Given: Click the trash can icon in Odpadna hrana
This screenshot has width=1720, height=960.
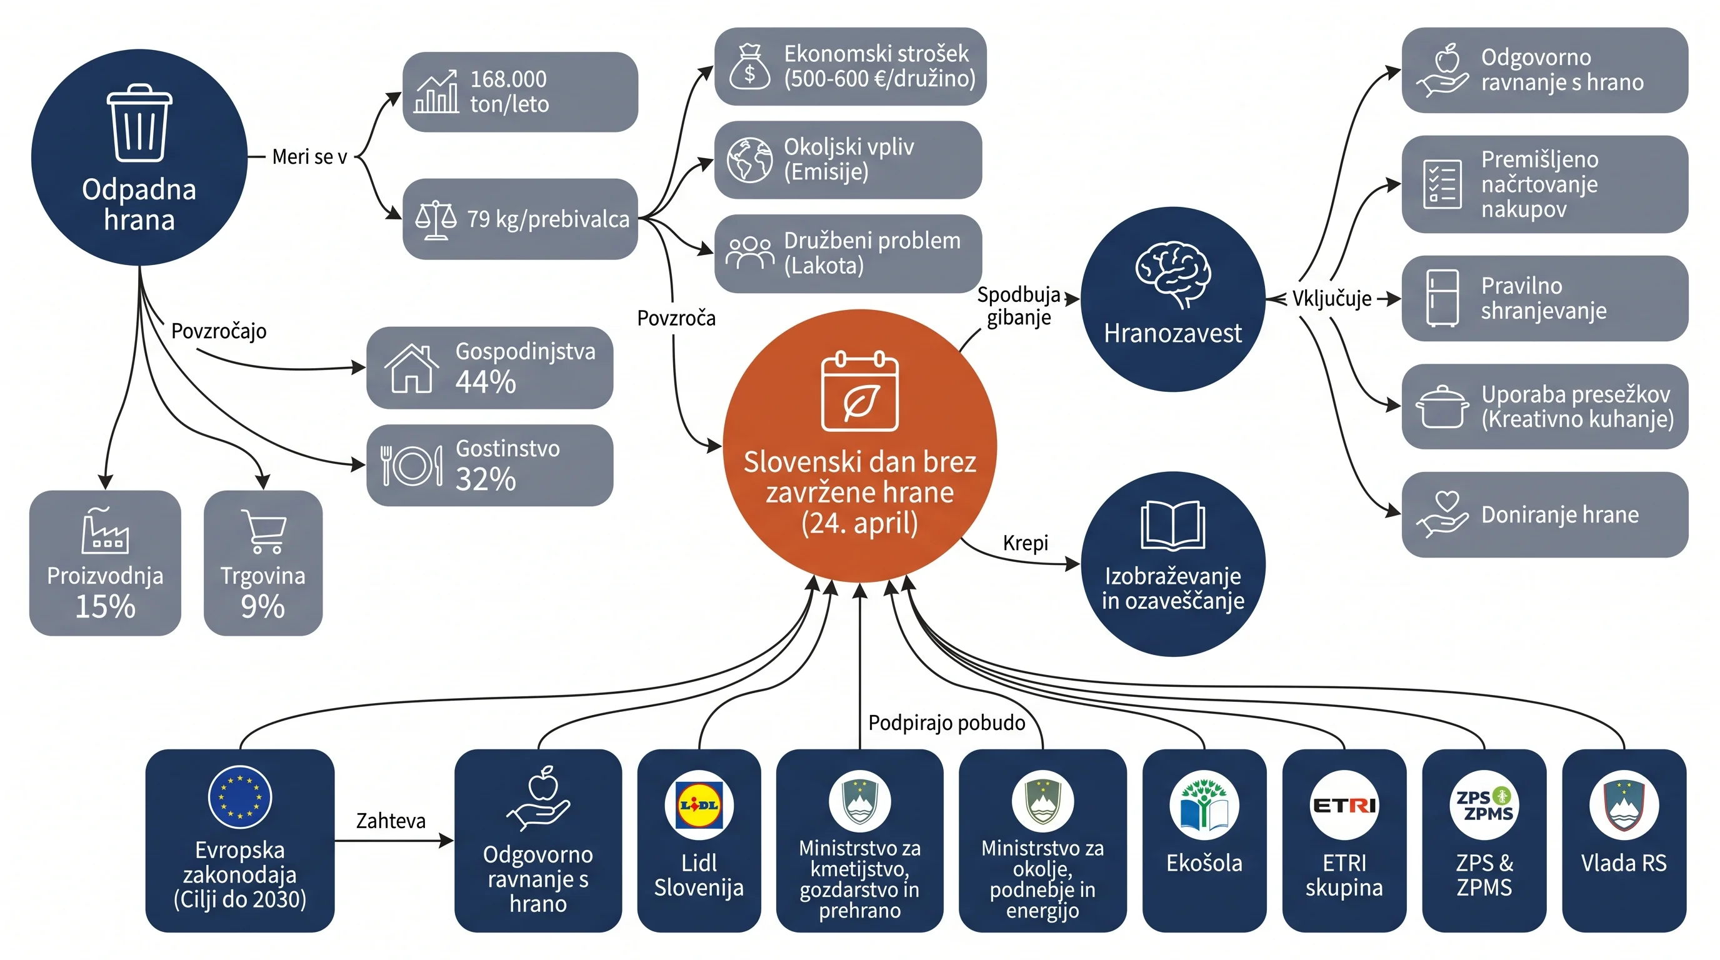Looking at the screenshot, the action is pos(139,123).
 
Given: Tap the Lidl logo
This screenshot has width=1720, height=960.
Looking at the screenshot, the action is pos(699,804).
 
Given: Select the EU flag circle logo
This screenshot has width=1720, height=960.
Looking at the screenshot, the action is pos(240,797).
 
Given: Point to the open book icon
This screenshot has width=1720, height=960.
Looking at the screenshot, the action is pos(1173,526).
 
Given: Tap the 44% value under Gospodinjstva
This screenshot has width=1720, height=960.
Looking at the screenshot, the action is pos(486,382).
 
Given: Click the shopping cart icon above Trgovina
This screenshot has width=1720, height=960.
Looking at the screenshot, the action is pos(264,531).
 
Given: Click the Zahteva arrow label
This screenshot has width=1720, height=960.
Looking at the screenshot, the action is pos(391,821).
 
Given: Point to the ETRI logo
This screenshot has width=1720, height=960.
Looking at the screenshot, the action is pos(1344,805).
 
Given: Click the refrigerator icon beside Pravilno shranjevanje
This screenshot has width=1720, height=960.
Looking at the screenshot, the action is pos(1442,297).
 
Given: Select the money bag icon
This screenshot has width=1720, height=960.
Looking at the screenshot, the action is pos(750,66).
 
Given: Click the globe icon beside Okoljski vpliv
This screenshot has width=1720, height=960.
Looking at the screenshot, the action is pos(750,160).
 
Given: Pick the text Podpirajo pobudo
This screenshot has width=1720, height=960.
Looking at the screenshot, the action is pos(947,722).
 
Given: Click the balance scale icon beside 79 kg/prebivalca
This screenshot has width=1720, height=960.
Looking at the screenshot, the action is pos(436,219).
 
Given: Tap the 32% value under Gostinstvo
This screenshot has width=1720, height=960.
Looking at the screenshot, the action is pos(486,479).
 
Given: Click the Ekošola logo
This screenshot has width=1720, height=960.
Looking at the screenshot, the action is pos(1204,805).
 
